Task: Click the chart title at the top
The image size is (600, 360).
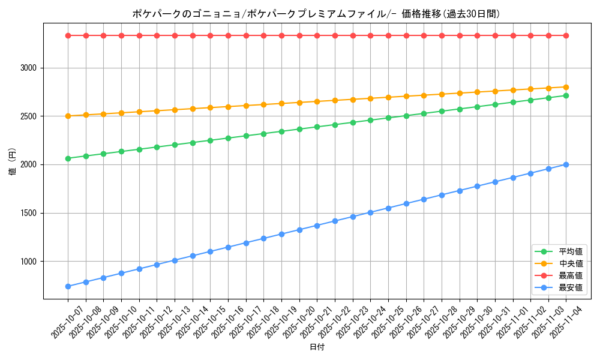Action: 316,14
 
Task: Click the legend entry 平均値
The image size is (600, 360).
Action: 570,251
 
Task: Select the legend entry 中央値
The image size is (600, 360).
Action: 570,263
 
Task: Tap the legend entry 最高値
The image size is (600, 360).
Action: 570,275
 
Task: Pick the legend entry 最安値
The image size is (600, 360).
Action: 570,287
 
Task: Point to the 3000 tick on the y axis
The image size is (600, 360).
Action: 29,68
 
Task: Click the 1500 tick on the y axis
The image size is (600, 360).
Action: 29,213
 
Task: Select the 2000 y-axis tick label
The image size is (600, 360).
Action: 29,164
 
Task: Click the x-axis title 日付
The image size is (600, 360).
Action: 317,347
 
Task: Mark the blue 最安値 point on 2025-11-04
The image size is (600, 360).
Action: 566,164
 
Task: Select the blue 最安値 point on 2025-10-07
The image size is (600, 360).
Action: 68,286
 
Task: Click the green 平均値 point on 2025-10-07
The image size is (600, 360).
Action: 68,158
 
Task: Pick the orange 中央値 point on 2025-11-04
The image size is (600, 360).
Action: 566,87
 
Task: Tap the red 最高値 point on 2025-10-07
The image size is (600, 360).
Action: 68,35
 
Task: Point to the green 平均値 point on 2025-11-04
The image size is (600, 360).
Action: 566,95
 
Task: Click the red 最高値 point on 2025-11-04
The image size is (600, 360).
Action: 566,35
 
